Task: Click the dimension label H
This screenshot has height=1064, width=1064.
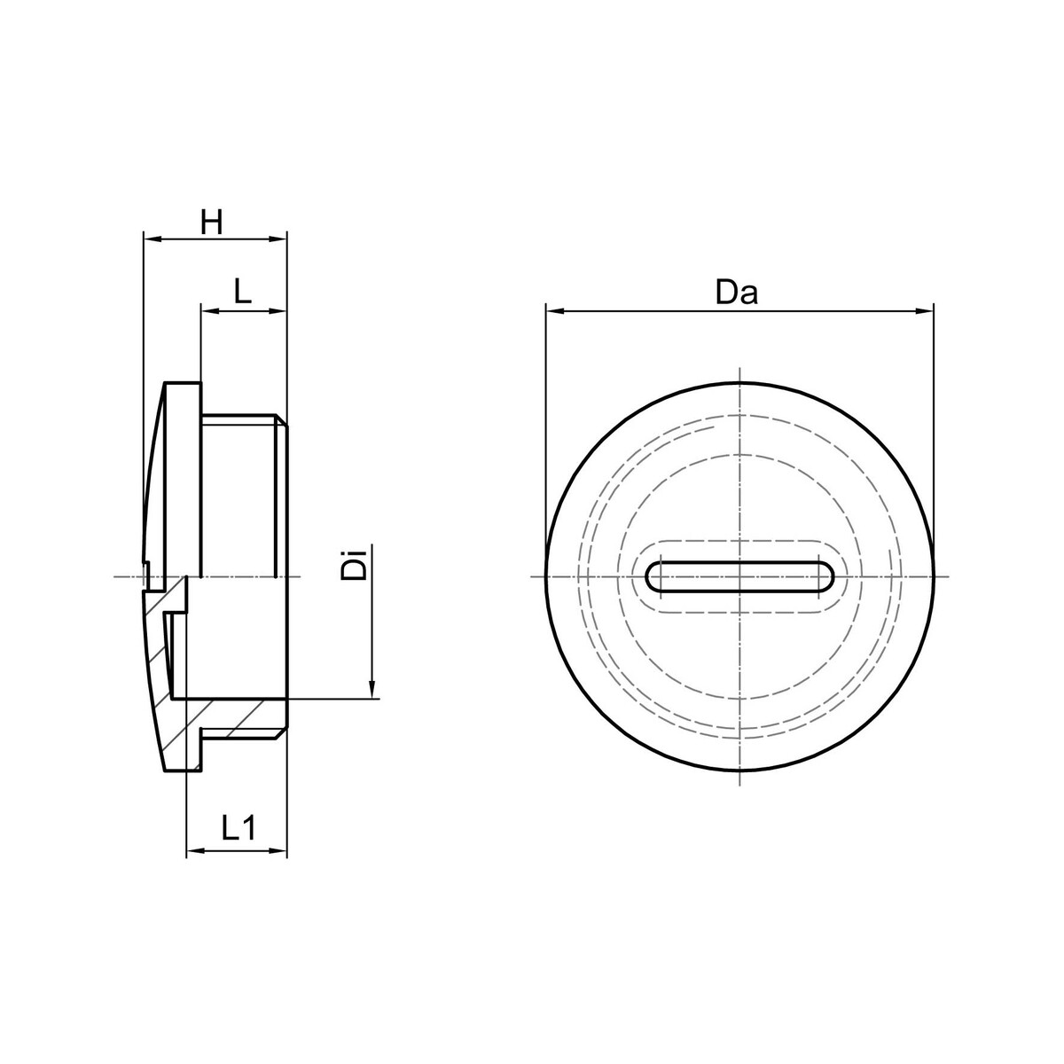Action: (210, 223)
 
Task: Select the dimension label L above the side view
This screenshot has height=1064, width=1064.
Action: (243, 292)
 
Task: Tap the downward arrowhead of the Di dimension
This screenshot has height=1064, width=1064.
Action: (372, 691)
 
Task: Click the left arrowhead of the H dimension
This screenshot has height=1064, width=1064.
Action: (150, 239)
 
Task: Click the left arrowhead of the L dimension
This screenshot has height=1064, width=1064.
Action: (208, 310)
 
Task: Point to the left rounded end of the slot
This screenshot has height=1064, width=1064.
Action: (653, 577)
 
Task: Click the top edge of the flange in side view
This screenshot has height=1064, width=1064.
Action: (183, 383)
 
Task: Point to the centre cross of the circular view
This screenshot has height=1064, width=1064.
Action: (739, 577)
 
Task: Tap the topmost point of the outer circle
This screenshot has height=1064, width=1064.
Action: (739, 384)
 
